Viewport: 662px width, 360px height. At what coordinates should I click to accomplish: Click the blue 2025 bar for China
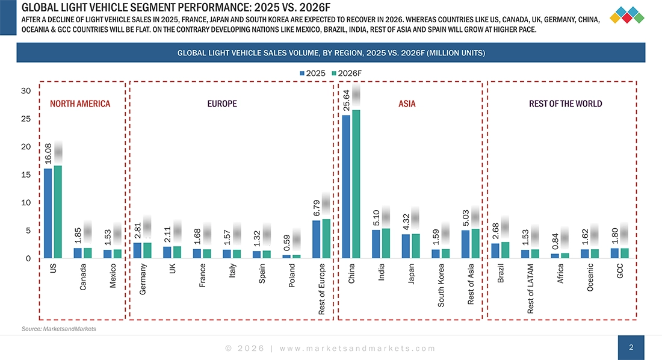(346, 187)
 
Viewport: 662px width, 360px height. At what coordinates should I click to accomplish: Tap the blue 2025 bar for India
(376, 244)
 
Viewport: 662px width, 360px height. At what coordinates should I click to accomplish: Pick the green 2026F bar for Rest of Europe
(326, 238)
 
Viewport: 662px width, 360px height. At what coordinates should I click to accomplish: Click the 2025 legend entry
(312, 73)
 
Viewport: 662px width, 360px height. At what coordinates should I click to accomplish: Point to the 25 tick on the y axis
(25, 119)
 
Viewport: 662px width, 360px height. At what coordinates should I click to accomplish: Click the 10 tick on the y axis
(25, 203)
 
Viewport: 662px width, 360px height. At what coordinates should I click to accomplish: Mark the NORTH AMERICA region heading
(80, 104)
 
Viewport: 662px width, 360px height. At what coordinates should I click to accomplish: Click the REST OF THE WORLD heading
(565, 104)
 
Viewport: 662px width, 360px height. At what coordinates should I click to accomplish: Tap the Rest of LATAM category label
(530, 288)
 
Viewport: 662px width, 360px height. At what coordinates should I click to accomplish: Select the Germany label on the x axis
(143, 279)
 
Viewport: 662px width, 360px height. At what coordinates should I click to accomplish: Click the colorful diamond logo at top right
(626, 14)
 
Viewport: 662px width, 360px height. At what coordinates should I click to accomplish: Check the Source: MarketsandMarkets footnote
(58, 329)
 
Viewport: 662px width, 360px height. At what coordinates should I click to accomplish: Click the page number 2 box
(631, 347)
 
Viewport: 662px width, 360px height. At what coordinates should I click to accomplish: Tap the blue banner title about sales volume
(331, 53)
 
